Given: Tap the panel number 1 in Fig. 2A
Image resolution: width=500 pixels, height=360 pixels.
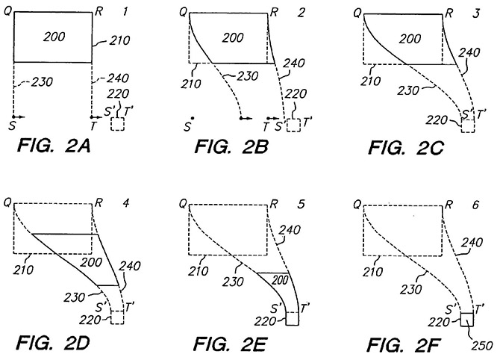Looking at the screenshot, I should click(126, 10).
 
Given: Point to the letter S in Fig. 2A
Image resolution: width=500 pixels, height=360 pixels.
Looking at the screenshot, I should click(12, 126).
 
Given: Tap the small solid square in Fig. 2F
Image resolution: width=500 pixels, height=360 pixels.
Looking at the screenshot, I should click(466, 319).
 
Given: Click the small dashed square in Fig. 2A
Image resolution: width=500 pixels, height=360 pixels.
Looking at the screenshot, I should click(118, 123).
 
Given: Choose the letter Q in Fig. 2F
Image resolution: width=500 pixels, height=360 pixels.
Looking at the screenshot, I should click(356, 204).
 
